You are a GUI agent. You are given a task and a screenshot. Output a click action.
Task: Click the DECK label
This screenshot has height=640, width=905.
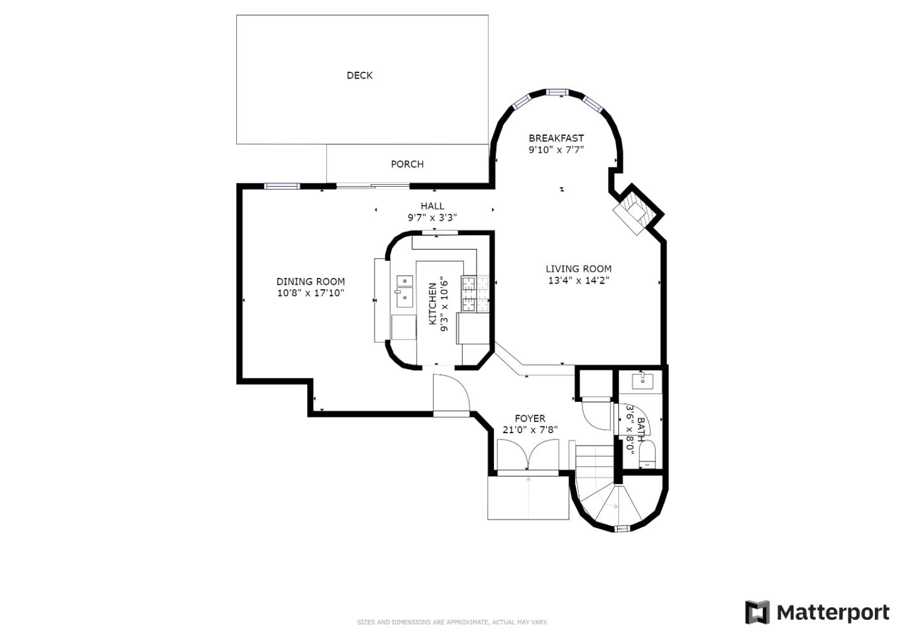(359, 75)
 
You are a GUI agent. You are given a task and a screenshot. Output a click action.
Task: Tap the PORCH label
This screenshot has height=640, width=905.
(407, 165)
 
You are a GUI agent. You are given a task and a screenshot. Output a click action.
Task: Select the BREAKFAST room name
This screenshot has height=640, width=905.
(556, 138)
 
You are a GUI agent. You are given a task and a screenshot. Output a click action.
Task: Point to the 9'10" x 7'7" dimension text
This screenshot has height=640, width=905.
(556, 150)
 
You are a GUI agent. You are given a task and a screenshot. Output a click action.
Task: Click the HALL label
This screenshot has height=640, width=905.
(432, 206)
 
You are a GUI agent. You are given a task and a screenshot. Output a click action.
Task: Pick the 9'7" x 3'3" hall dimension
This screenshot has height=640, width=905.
(432, 218)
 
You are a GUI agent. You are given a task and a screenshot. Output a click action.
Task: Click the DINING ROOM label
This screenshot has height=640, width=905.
(310, 281)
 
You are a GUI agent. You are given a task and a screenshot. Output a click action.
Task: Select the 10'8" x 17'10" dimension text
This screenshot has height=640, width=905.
(310, 293)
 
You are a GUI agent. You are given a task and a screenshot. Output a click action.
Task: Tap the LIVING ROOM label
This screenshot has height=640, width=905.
(579, 268)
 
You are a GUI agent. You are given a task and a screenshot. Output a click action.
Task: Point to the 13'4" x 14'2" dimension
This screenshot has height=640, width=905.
(579, 280)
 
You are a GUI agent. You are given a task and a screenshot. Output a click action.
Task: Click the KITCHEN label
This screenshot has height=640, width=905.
(432, 304)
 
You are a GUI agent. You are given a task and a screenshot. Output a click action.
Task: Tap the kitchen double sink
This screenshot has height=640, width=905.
(405, 291)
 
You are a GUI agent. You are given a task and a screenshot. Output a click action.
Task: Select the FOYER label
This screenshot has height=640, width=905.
(530, 418)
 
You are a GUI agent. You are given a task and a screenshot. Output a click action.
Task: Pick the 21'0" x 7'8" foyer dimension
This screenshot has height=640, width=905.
(530, 430)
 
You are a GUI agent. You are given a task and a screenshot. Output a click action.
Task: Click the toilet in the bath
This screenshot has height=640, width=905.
(647, 455)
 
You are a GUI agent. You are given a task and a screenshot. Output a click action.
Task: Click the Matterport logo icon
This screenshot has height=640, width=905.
(757, 612)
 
